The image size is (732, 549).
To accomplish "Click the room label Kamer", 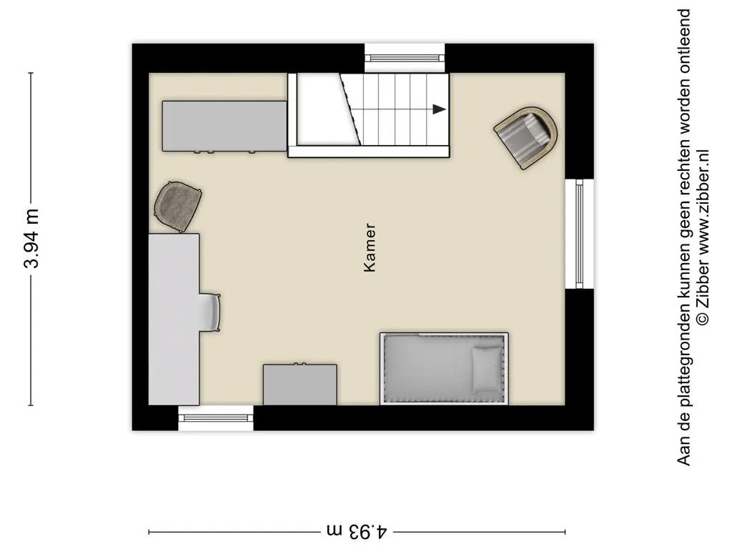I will click(370, 249).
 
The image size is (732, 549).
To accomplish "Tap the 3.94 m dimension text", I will click(31, 239).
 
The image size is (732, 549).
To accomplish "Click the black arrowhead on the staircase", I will click(439, 109).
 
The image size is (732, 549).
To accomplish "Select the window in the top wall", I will click(405, 57).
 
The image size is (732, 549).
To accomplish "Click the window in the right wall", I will click(579, 233).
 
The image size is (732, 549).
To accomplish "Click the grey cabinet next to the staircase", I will click(224, 126).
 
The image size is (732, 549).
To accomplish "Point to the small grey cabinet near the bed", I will click(300, 385).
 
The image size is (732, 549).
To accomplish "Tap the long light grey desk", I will click(174, 319).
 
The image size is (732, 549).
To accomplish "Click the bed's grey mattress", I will click(429, 367).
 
